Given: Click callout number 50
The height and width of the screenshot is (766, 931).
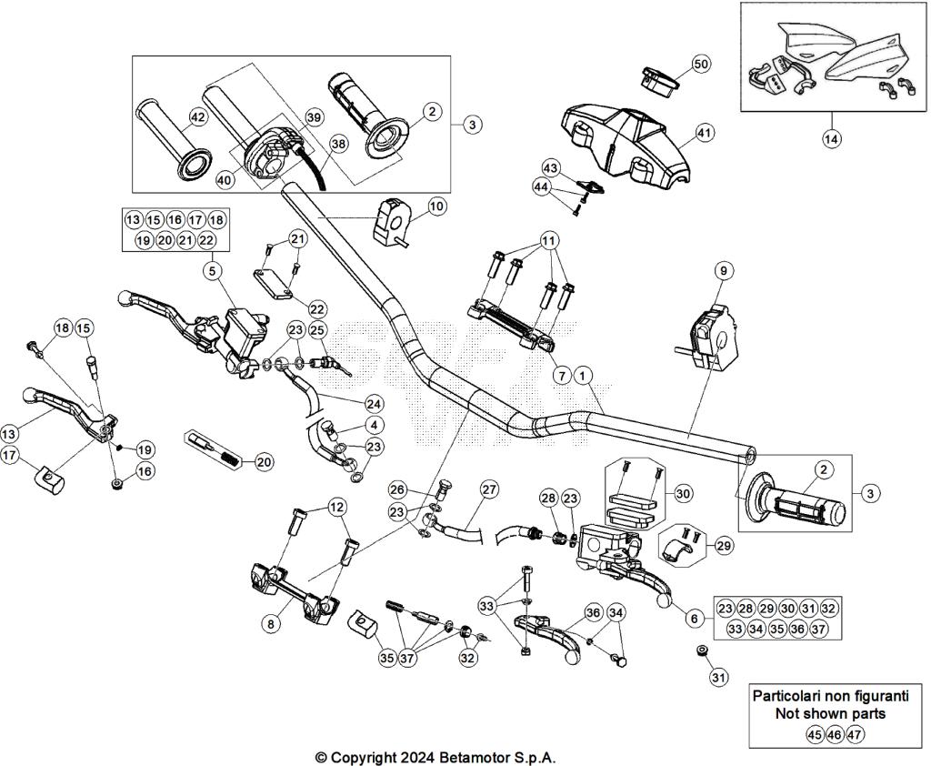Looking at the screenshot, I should click(701, 64).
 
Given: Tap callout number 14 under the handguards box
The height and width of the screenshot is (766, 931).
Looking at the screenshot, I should click(832, 138).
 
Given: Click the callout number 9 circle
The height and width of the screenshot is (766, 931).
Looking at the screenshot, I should click(723, 270).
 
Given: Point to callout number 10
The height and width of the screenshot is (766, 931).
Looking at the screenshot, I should click(437, 207).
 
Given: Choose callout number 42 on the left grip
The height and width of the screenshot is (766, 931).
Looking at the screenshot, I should click(196, 116).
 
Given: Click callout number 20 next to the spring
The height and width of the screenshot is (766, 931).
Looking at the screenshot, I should click(264, 462).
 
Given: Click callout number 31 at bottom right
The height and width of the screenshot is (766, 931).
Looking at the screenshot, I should click(719, 677).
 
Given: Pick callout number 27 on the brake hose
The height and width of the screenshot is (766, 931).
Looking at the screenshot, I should click(489, 489).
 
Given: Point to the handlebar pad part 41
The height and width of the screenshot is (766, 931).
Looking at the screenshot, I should click(627, 136).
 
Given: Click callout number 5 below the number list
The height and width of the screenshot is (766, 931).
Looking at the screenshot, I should click(211, 270).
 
